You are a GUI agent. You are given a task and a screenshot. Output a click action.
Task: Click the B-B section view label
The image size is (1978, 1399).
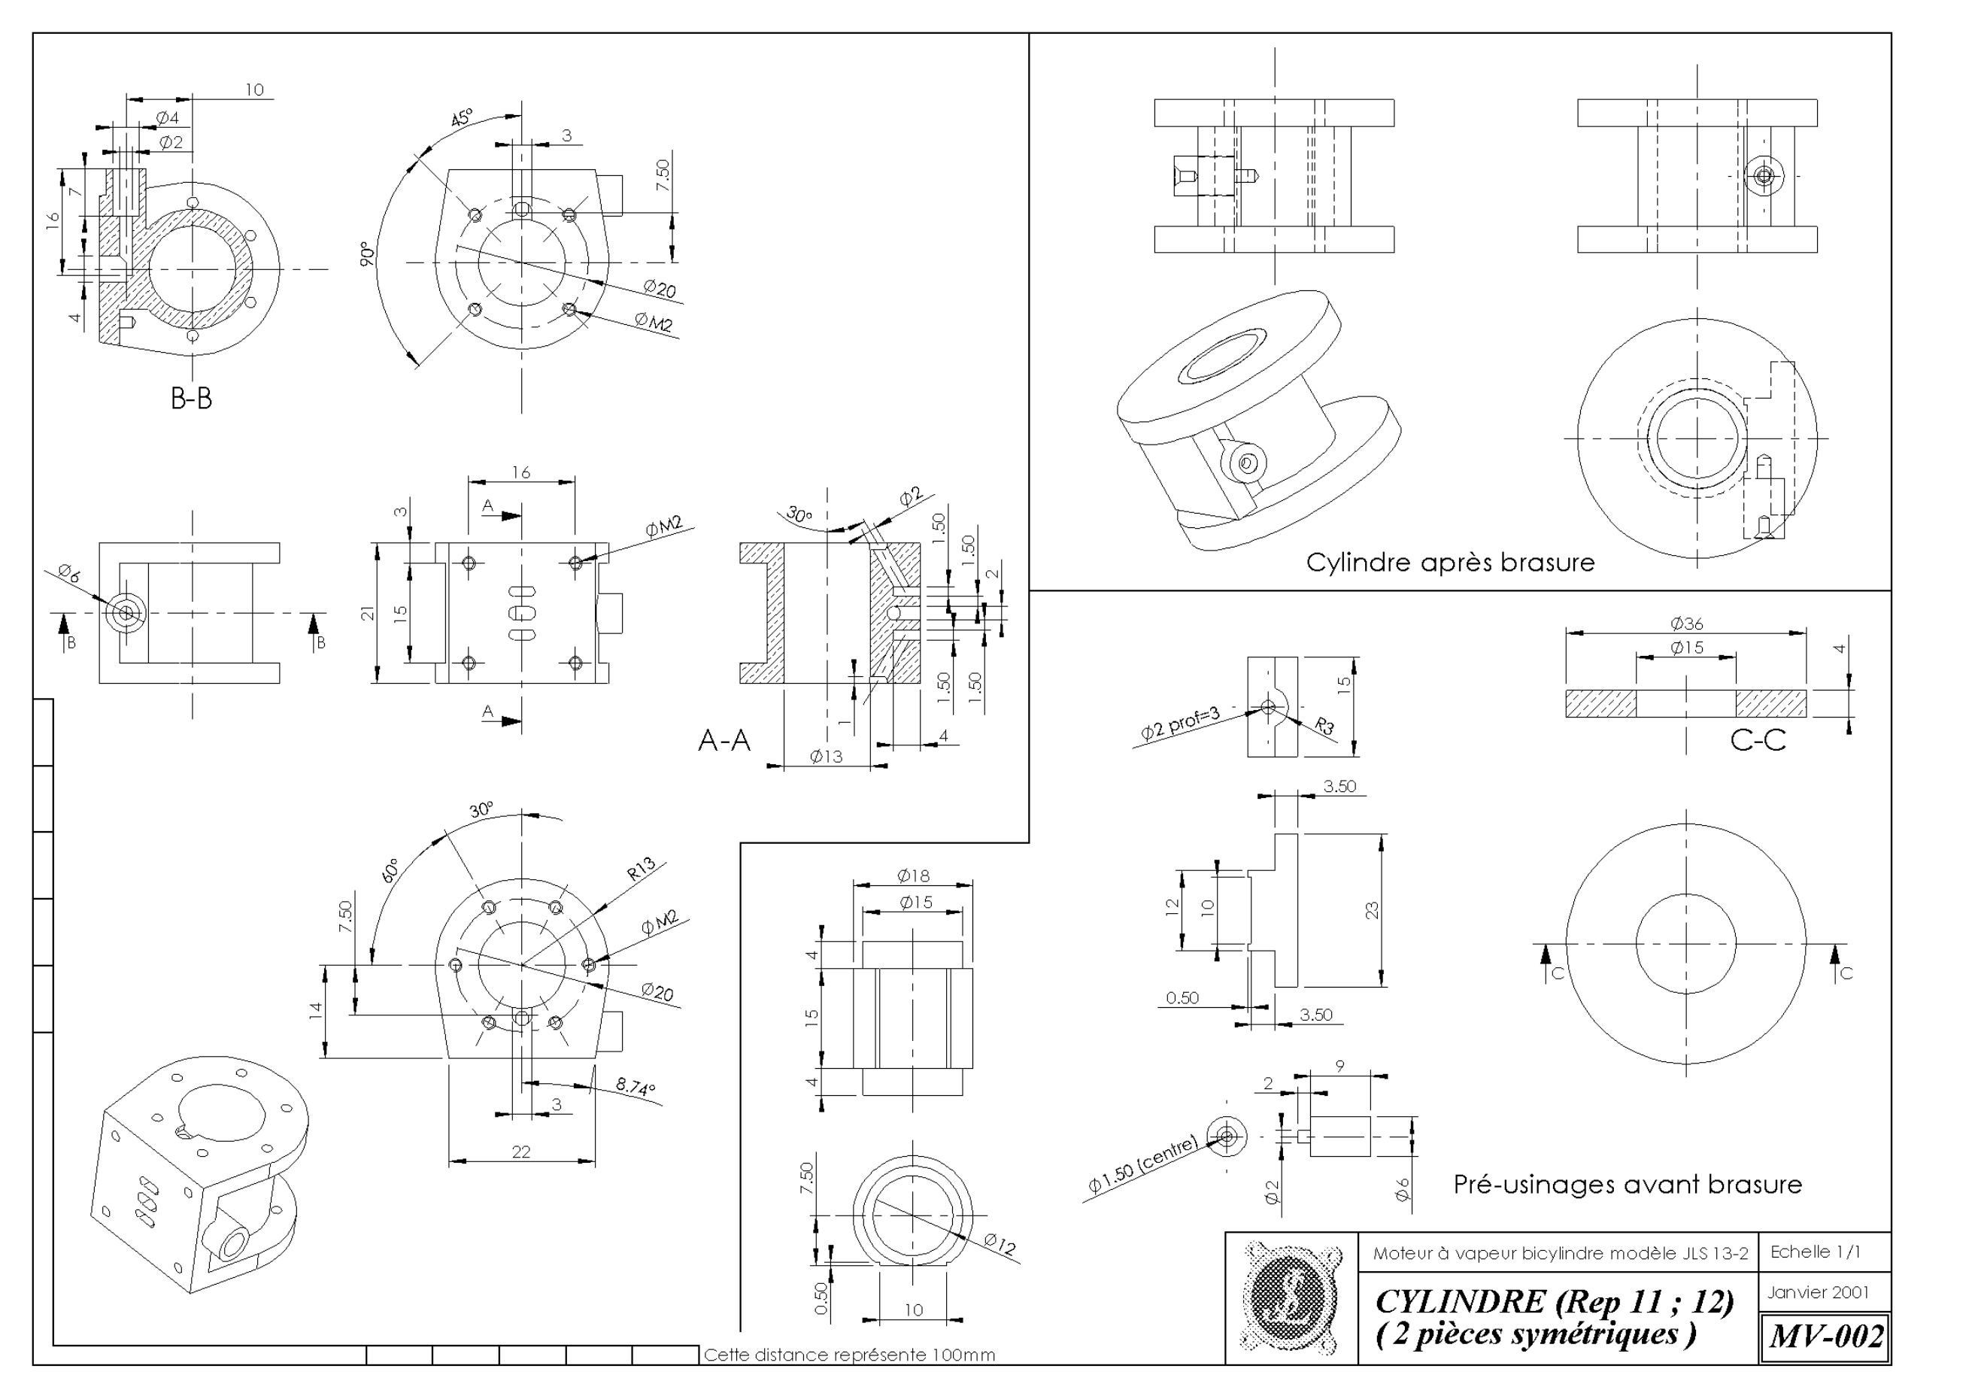click(x=191, y=398)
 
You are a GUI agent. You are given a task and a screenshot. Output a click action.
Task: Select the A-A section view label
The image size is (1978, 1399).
click(x=724, y=740)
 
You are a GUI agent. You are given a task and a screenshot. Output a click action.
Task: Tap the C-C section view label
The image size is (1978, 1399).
click(x=1758, y=740)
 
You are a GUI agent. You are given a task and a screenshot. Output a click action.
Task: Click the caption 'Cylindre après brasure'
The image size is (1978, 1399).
click(x=1450, y=563)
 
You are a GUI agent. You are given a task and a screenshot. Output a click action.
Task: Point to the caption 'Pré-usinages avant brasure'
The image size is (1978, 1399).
click(x=1628, y=1185)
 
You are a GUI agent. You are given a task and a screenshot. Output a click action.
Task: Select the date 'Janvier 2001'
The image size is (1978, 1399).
click(x=1818, y=1292)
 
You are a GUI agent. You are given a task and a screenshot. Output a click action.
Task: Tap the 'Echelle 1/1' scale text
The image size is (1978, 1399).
click(x=1816, y=1252)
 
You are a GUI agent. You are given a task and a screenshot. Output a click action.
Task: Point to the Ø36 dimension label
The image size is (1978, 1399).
click(x=1686, y=623)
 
